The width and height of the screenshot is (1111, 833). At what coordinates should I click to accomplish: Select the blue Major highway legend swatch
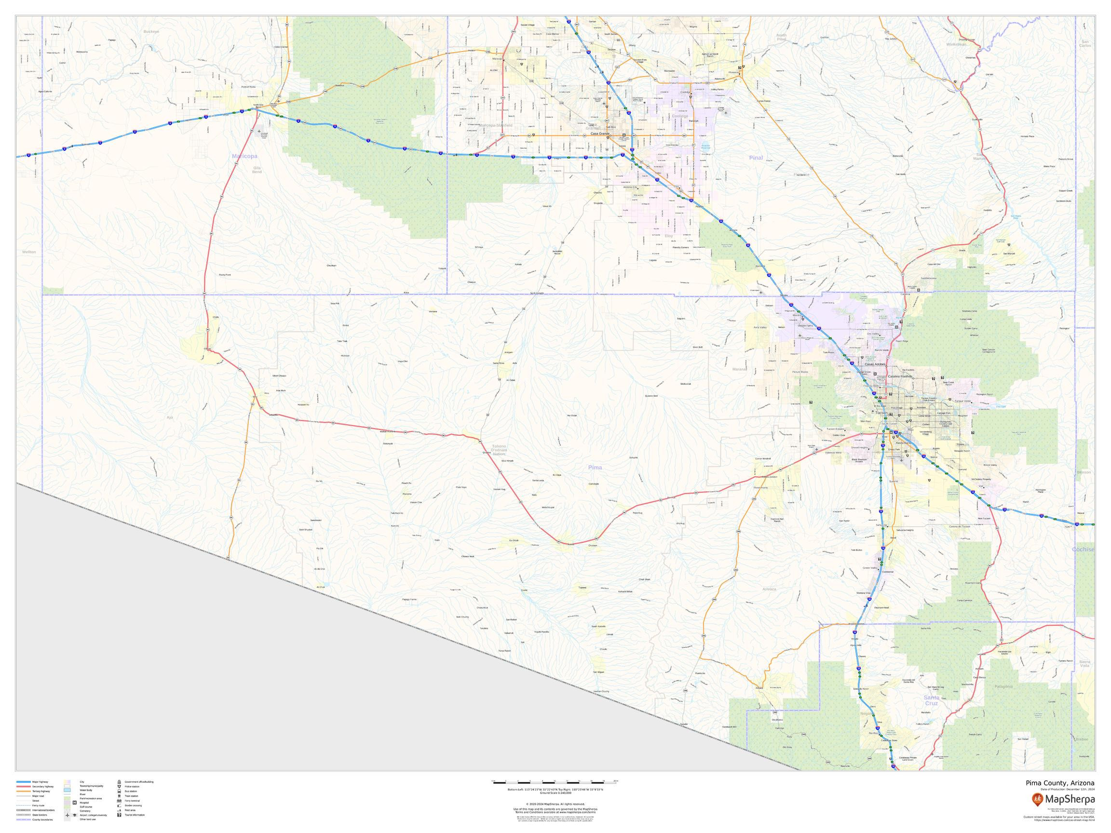[x=23, y=782]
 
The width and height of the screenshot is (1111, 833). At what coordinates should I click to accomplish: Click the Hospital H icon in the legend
[x=74, y=802]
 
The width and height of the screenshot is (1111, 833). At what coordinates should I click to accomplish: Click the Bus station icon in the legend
[x=119, y=791]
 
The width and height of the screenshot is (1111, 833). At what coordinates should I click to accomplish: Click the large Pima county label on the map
[x=595, y=468]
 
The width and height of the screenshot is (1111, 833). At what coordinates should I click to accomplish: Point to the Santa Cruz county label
[x=931, y=700]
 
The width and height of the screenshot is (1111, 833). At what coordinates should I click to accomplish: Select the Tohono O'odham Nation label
[x=499, y=449]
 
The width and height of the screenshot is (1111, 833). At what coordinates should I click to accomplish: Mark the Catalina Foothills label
[x=899, y=376]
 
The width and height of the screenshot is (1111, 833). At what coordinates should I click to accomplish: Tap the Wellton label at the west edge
[x=29, y=252]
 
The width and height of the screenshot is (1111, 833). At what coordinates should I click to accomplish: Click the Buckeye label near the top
[x=150, y=31]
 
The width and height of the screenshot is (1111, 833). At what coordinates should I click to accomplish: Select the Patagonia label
[x=1003, y=686]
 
